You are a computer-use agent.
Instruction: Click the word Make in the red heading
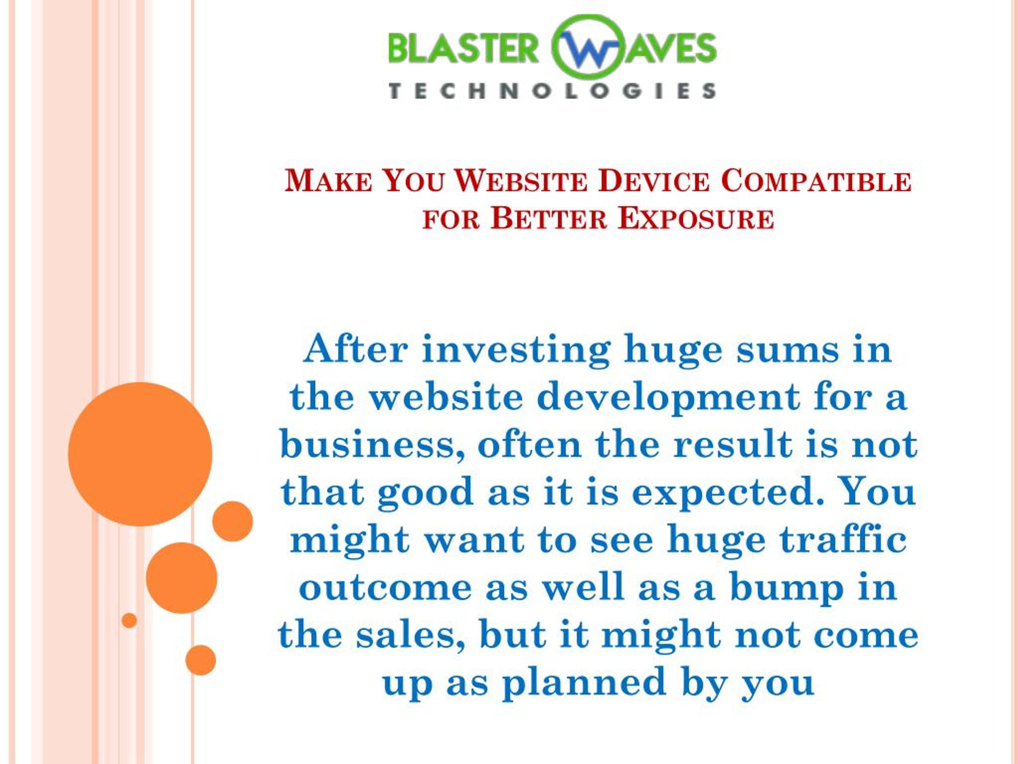click(328, 181)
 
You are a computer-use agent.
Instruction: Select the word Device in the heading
click(654, 181)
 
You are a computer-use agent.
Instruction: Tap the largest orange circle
click(140, 454)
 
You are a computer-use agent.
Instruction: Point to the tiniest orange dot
click(129, 620)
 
